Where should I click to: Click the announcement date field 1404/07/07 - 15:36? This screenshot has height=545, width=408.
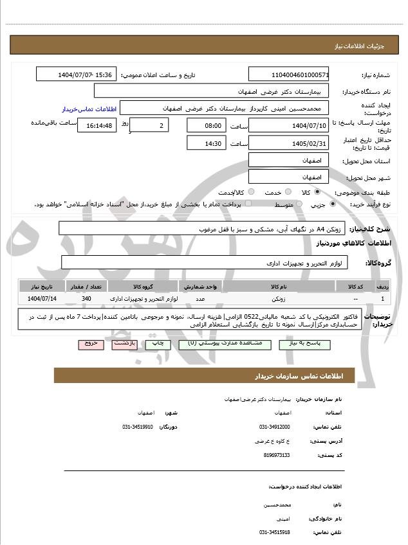click(77, 75)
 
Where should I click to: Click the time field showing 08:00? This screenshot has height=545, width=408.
click(206, 125)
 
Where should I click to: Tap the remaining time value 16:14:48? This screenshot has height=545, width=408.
click(97, 125)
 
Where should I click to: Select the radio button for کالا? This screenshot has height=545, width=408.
click(324, 192)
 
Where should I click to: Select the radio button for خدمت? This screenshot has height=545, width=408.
click(287, 192)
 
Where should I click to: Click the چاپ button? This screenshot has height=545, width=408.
click(158, 344)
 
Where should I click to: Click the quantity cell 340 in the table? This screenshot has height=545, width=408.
click(86, 299)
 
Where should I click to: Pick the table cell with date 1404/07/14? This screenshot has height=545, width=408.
click(42, 299)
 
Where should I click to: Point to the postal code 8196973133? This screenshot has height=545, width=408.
click(277, 455)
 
